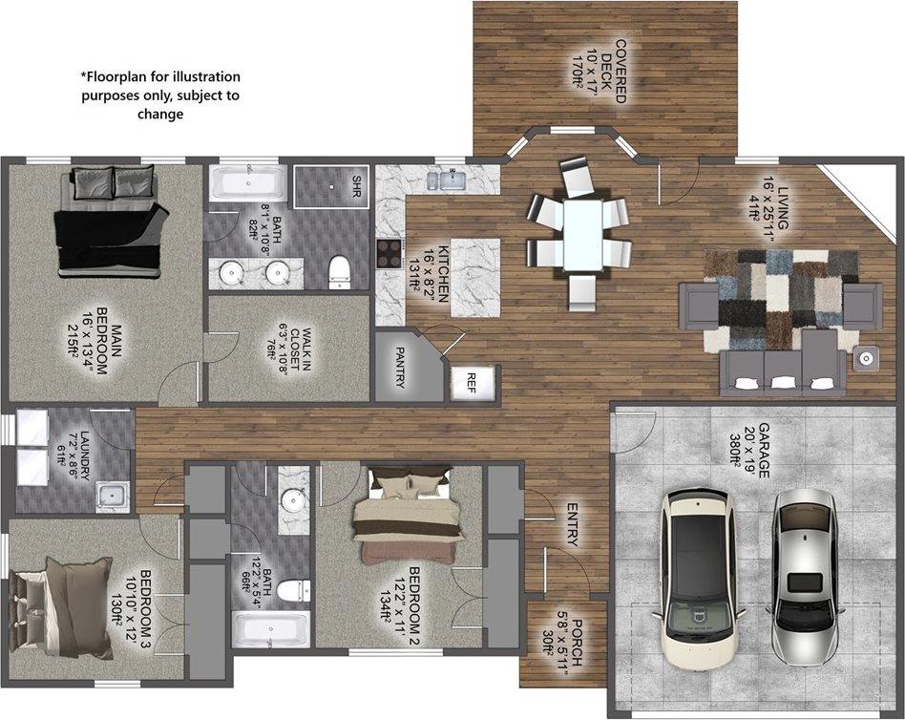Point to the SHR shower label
357,180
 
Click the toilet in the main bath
341,271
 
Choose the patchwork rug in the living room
780,298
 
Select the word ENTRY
572,525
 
